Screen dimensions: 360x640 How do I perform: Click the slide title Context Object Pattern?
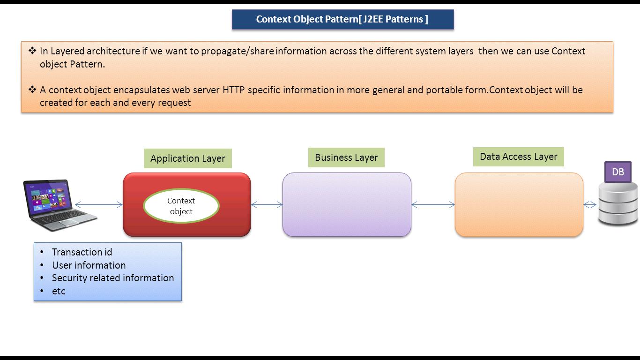coord(342,19)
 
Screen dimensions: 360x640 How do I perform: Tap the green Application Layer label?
coord(187,158)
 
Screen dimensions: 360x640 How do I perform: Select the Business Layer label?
coord(346,157)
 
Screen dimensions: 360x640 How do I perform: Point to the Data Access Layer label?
coord(518,157)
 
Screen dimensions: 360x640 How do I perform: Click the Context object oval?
coord(181,206)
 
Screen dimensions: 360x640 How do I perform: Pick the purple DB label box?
coord(618,172)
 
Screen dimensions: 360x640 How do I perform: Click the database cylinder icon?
coord(618,204)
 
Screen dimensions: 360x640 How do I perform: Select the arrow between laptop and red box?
coord(99,204)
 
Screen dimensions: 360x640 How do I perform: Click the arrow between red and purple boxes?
coord(267,204)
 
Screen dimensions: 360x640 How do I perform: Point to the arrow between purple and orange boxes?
coord(433,204)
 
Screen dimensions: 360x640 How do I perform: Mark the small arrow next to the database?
coord(590,204)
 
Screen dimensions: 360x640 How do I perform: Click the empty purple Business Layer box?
coord(347,204)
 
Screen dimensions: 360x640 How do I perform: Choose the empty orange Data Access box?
coord(519,204)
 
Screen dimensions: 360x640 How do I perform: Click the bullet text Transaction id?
coord(82,252)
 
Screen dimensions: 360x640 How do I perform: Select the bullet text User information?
coord(89,265)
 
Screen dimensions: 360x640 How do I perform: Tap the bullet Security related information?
coord(113,277)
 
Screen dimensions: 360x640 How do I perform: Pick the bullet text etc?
coord(59,291)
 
